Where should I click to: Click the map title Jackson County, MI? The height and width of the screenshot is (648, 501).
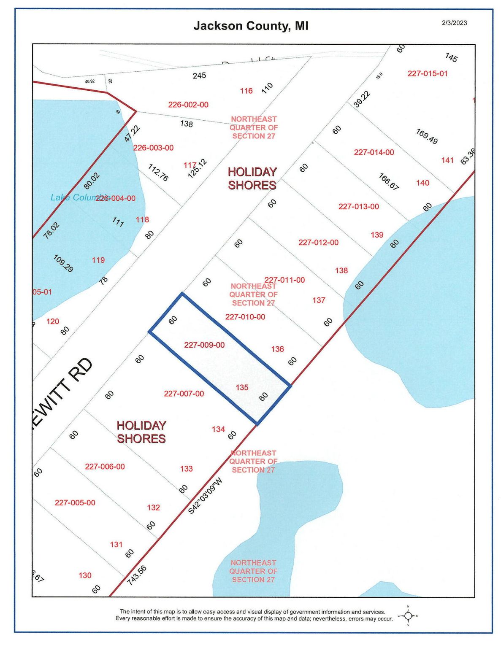point(251,26)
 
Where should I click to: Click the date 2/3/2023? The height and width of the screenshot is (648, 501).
point(454,23)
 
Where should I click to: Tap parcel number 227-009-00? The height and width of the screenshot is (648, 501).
point(204,345)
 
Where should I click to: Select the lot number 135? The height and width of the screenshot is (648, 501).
point(242,387)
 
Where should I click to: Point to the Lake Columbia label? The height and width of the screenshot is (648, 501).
point(79,197)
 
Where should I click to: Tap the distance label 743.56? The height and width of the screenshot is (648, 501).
point(137,575)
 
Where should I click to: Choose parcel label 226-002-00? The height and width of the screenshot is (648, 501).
point(188,105)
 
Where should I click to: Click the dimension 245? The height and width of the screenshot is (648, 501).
point(199,76)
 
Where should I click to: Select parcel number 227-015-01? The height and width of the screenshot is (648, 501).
point(427,73)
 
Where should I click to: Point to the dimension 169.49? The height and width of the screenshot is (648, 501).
point(427,136)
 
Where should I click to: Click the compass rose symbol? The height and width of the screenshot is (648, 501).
point(408,616)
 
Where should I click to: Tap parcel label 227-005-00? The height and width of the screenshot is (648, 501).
point(75,502)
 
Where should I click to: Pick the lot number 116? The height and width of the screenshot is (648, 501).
point(246,91)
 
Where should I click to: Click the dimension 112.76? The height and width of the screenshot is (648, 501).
point(158,172)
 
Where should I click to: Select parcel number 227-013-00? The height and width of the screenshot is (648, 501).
point(358,206)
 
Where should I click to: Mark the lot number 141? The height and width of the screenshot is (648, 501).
point(447,160)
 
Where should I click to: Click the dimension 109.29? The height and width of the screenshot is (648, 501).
point(63,263)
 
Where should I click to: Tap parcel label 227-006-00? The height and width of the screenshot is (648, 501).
point(105,466)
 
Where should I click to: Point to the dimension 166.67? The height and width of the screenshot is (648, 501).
point(389,181)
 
